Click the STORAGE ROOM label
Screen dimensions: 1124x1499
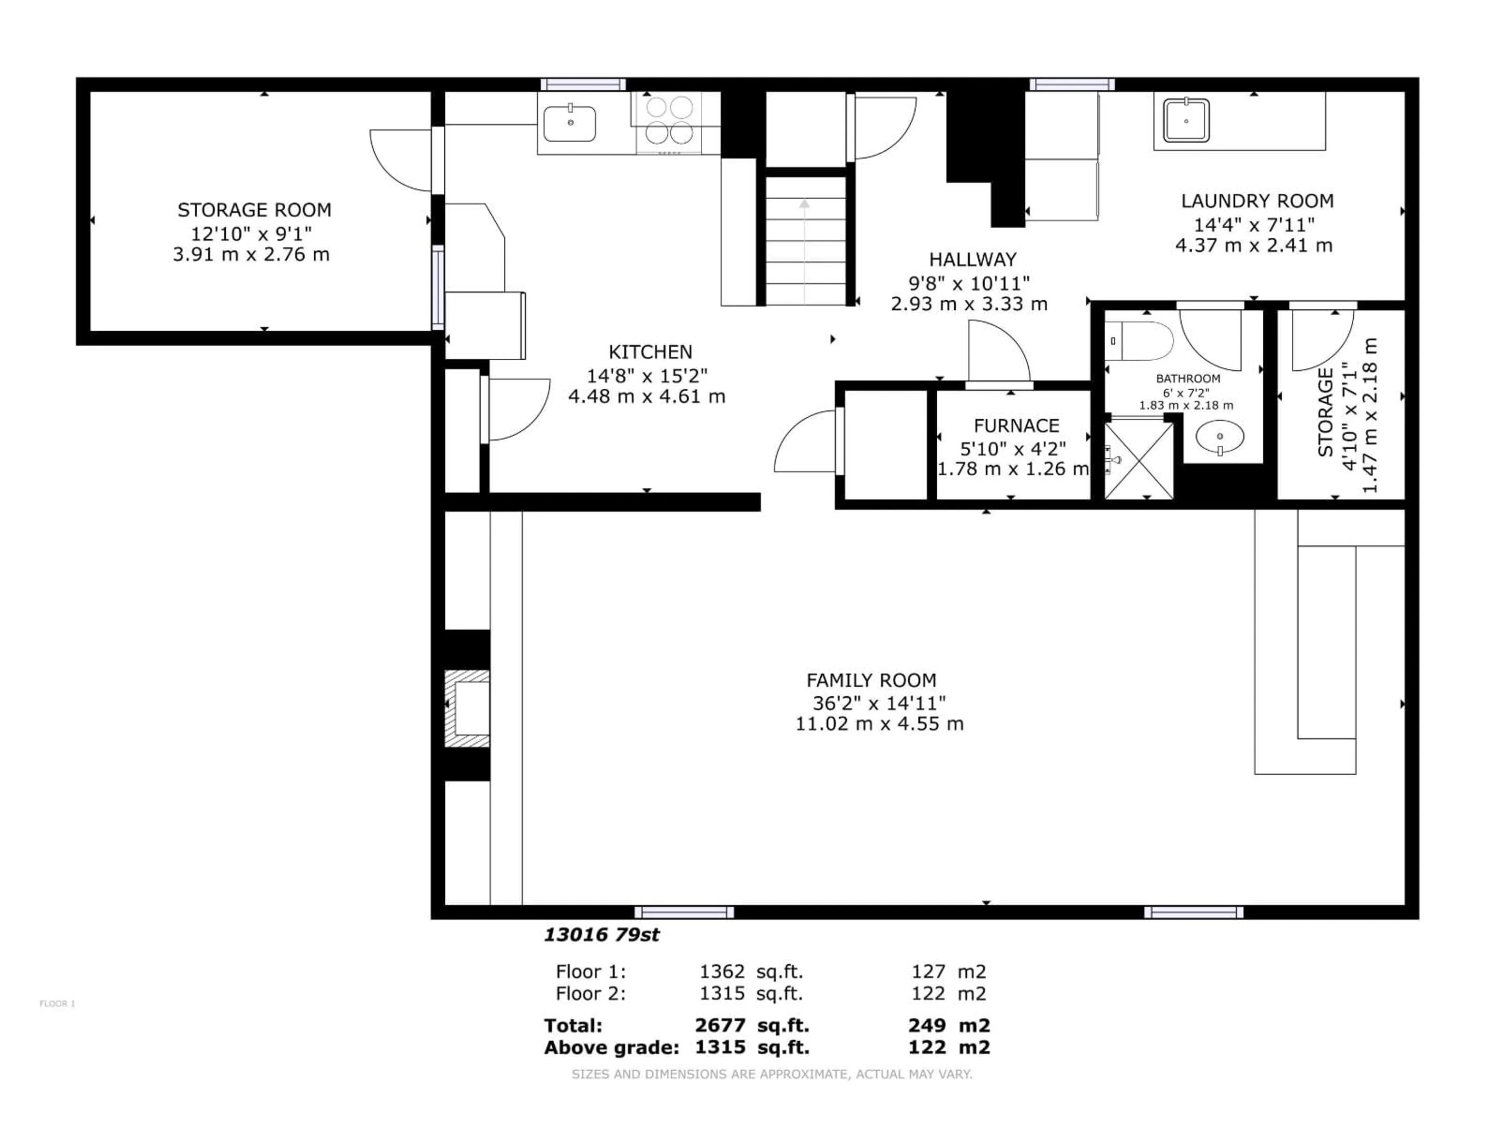tap(254, 210)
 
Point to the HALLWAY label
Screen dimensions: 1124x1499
tap(972, 260)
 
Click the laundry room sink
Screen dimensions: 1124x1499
tap(1186, 121)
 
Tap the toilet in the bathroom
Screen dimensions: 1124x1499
tap(1145, 341)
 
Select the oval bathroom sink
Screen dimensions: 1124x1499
tap(1220, 437)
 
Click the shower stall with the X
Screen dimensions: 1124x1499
tap(1138, 461)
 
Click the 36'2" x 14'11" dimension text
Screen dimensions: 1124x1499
tap(879, 702)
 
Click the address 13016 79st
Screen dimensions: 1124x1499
tap(601, 935)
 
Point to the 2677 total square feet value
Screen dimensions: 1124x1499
tap(720, 1025)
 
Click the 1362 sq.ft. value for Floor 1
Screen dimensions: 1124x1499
tap(722, 971)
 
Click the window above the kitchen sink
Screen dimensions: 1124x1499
tap(583, 84)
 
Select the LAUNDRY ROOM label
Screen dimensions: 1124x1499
tap(1257, 201)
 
